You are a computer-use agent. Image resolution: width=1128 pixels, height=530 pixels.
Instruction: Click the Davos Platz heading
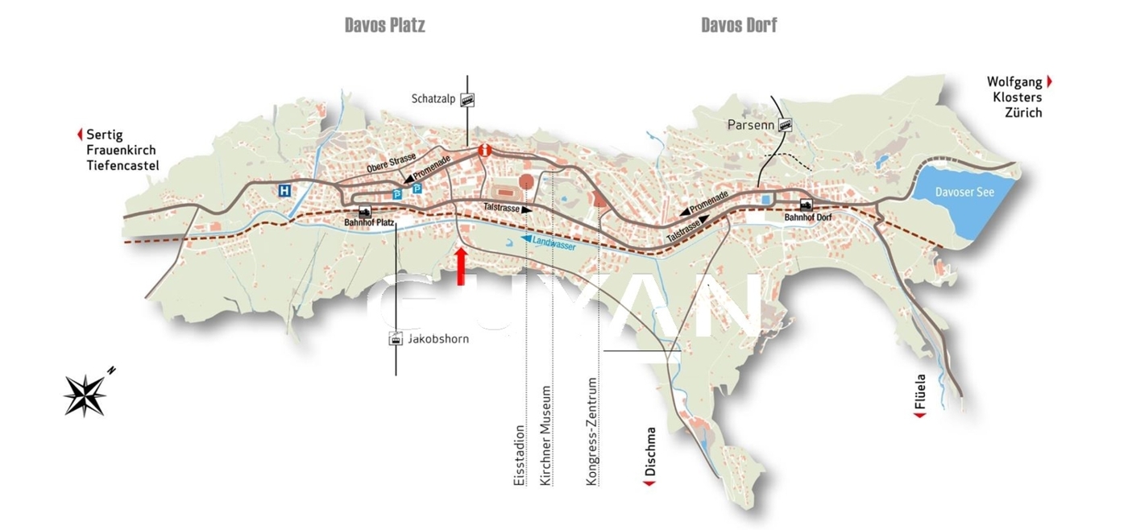click(x=384, y=26)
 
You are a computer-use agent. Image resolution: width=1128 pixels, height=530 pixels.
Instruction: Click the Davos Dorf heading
click(x=739, y=26)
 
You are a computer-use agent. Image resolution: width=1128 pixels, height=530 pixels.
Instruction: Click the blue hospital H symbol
click(x=284, y=191)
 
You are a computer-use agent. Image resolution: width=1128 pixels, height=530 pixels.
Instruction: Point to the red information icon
click(x=484, y=150)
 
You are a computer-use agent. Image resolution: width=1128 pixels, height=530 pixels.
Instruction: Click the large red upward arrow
click(x=461, y=267)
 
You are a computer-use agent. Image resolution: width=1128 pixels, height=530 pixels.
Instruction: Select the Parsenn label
click(x=750, y=125)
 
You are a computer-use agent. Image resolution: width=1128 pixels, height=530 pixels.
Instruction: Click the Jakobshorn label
click(x=438, y=339)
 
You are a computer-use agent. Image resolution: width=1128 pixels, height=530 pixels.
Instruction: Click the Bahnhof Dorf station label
click(x=807, y=217)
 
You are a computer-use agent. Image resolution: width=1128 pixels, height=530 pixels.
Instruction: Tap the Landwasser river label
click(x=554, y=242)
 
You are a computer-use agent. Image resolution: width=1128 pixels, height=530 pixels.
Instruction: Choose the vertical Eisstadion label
click(x=519, y=455)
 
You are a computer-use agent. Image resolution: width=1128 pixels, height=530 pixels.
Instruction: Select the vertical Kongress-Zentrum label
click(x=592, y=431)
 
